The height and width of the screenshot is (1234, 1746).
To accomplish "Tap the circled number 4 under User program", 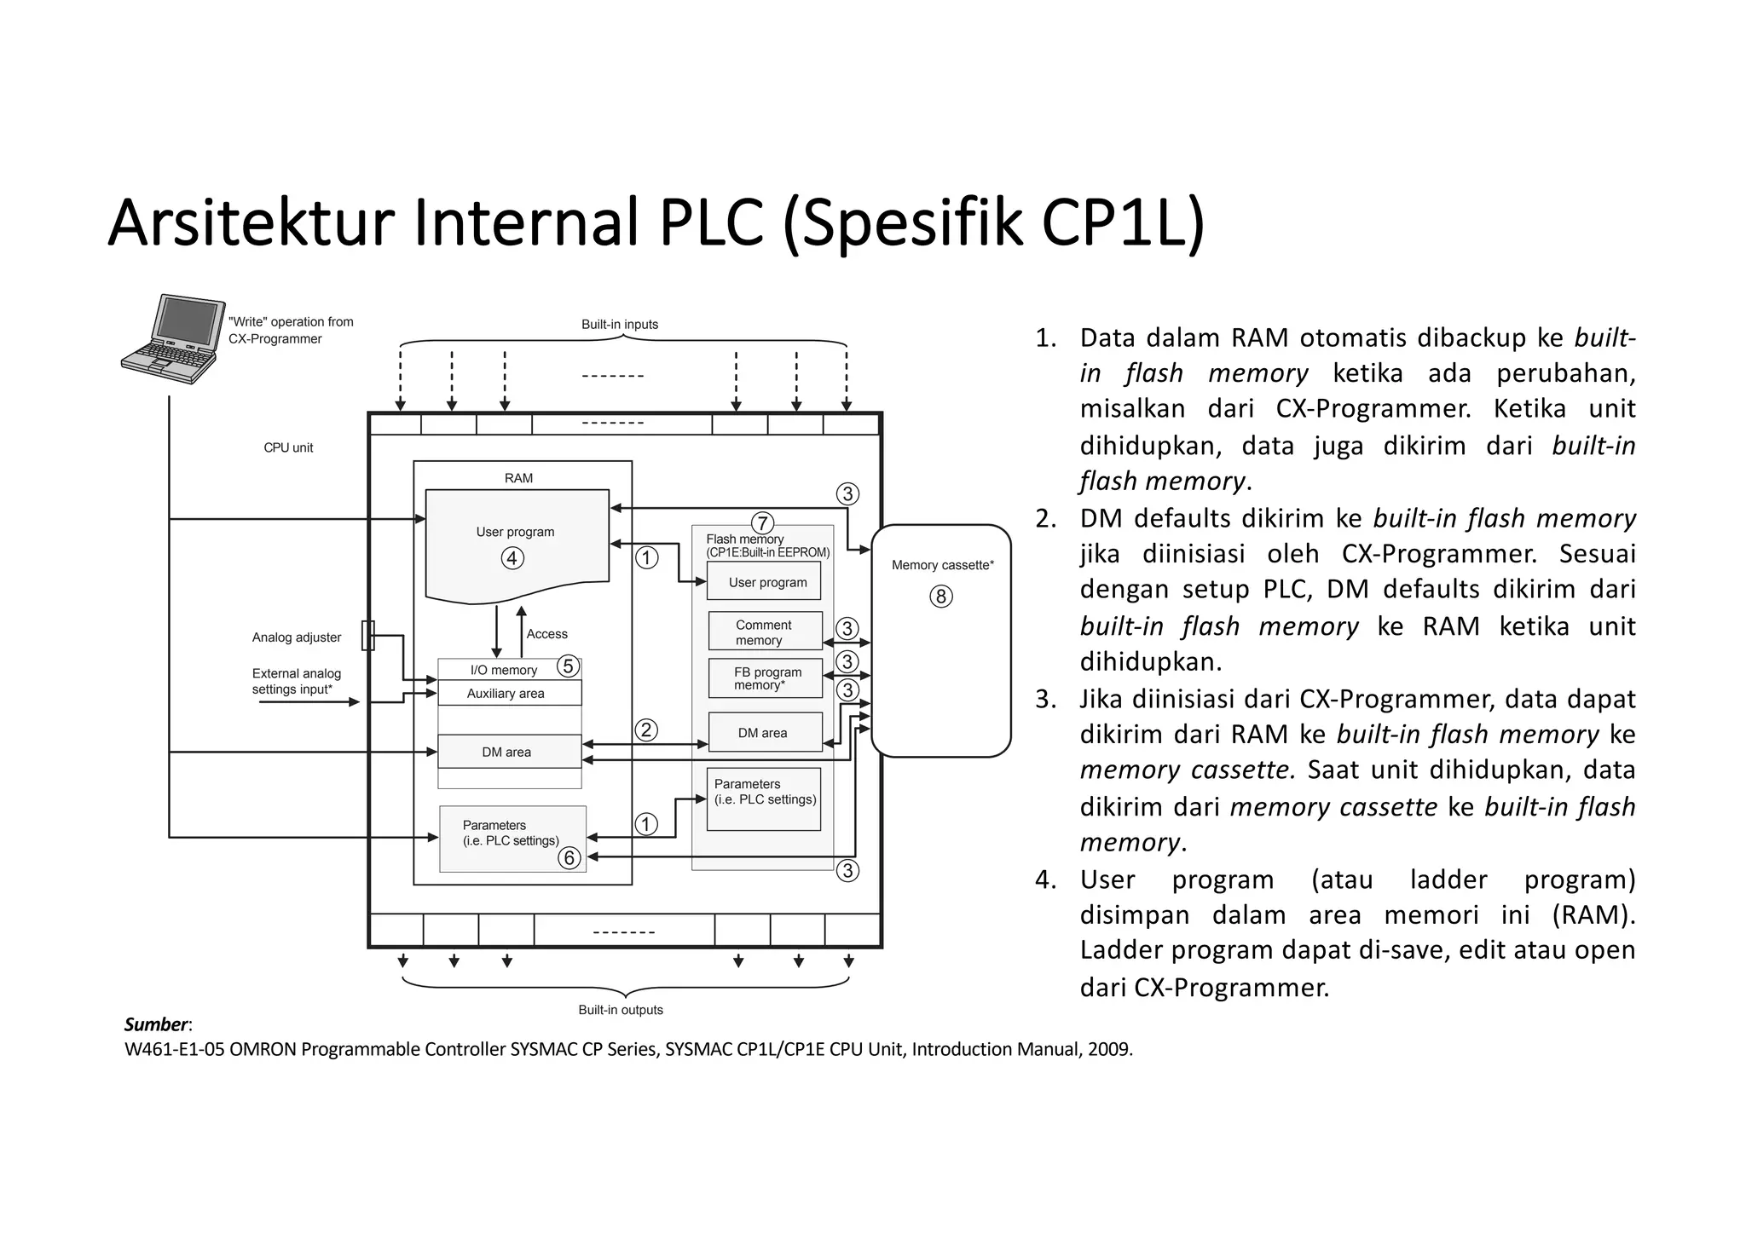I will (x=512, y=558).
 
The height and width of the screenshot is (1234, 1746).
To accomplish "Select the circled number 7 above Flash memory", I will (x=762, y=523).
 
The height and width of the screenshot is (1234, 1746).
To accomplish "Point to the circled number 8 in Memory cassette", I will (x=941, y=597).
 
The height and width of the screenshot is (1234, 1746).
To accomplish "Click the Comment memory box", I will (x=765, y=631).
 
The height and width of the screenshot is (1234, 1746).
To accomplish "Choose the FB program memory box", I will (x=765, y=678).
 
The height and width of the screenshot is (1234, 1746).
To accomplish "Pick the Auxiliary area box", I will (x=509, y=693).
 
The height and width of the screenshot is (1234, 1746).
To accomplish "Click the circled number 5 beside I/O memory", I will (x=568, y=666).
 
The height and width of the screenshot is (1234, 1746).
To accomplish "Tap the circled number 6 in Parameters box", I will (x=569, y=858).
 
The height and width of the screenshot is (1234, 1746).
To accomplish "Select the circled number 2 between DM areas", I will (x=646, y=729).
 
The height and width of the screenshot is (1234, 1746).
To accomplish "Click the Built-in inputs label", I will (x=620, y=325).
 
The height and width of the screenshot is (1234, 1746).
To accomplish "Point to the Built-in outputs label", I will (x=621, y=1010).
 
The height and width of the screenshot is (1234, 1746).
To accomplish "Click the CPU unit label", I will (x=288, y=448).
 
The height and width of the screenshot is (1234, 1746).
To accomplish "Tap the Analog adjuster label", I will (x=297, y=637).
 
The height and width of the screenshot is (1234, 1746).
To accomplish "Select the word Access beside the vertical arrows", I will (x=546, y=634).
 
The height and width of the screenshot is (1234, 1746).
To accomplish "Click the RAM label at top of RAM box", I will (x=518, y=478).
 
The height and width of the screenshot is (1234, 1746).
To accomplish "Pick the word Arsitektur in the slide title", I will (x=251, y=222).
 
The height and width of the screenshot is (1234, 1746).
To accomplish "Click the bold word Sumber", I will (x=156, y=1024).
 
